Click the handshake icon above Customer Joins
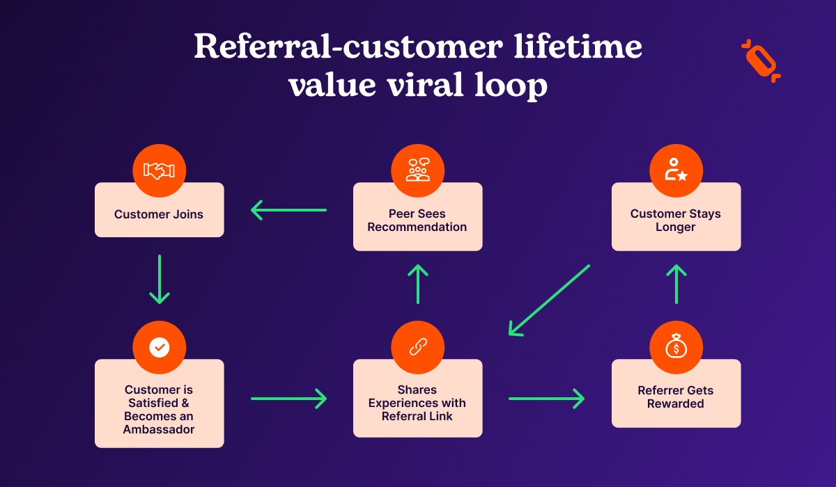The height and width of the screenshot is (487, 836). (159, 170)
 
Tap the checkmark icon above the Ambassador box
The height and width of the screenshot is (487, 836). (159, 347)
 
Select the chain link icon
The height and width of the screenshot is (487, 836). (417, 347)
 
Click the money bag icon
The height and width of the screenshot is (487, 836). (676, 347)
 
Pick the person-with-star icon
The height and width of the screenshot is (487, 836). (676, 170)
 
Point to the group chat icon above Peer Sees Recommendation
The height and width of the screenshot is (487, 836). (417, 170)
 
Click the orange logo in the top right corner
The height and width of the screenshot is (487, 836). (761, 61)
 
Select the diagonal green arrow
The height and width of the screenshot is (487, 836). (550, 300)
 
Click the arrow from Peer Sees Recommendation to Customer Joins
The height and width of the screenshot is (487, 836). (288, 209)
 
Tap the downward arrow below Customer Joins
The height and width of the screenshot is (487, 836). (160, 279)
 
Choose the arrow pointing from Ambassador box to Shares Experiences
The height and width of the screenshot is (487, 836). (288, 399)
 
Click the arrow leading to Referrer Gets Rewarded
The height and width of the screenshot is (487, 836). (547, 399)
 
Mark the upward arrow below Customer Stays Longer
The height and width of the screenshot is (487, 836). (676, 283)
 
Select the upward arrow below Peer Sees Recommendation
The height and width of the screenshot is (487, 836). (417, 283)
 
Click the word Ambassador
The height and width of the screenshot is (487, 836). (159, 429)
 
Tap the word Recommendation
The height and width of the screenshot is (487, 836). (417, 227)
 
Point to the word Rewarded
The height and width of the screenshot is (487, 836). (676, 404)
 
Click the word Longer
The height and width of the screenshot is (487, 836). (676, 227)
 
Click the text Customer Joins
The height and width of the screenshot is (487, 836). (159, 214)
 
